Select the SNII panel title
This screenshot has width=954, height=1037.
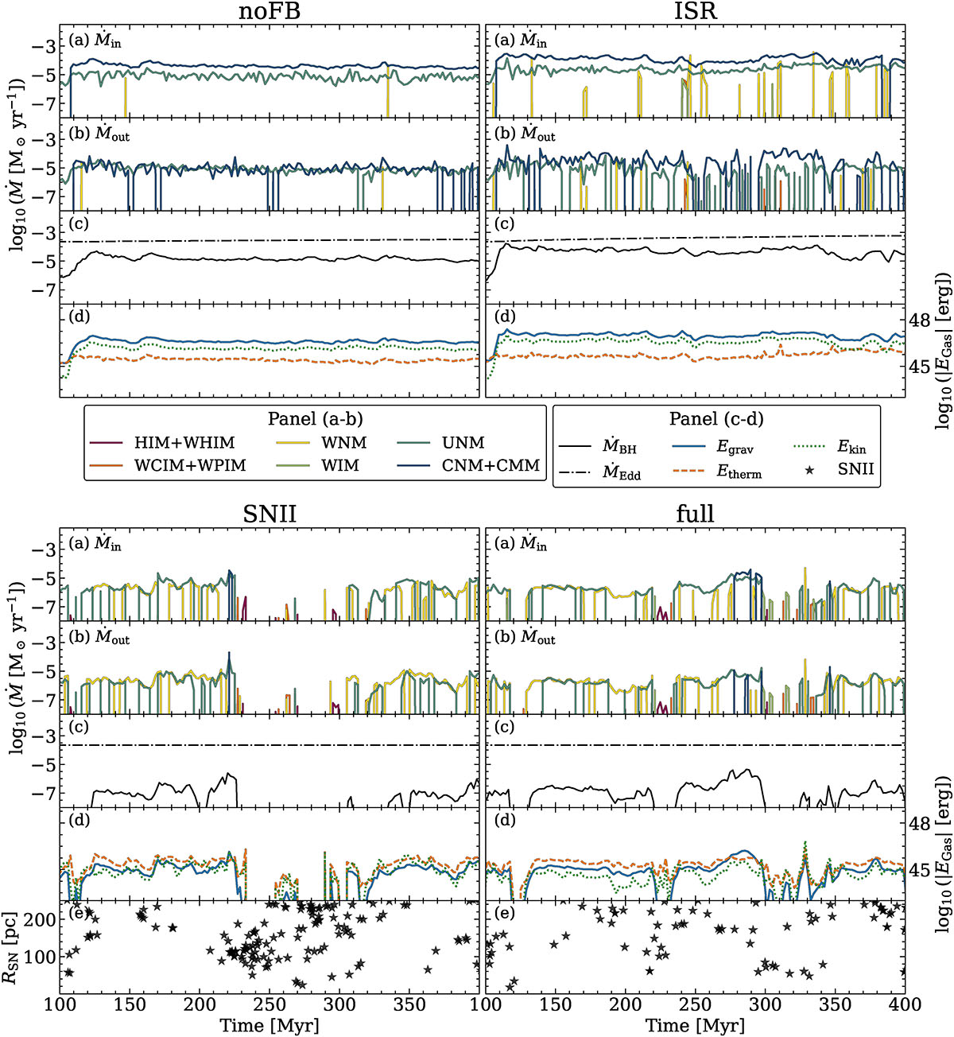[270, 515]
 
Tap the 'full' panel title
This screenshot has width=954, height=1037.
[695, 515]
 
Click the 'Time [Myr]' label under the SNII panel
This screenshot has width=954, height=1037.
[270, 1024]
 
